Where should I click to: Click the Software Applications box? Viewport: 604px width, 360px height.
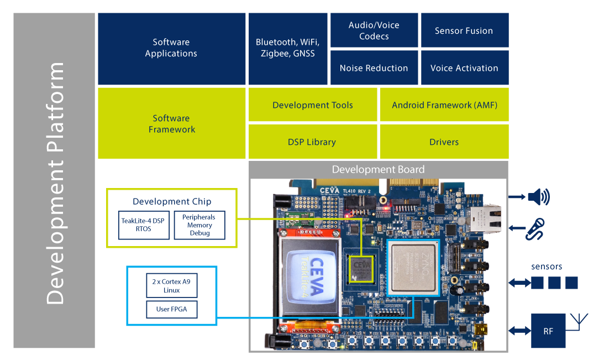click(171, 48)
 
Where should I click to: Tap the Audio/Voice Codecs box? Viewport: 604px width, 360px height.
click(374, 30)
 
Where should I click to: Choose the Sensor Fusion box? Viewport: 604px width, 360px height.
click(464, 30)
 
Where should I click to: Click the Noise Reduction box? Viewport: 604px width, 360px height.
click(374, 68)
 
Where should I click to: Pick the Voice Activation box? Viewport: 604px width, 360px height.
click(464, 68)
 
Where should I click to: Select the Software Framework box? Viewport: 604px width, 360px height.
click(171, 123)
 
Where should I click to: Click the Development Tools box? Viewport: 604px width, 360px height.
click(312, 105)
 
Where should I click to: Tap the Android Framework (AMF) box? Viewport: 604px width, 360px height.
click(444, 105)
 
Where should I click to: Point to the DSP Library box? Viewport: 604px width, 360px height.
click(312, 142)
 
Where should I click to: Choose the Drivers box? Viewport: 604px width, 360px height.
click(444, 142)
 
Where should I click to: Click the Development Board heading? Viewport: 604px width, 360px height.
click(378, 170)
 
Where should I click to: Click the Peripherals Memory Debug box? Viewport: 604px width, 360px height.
click(199, 225)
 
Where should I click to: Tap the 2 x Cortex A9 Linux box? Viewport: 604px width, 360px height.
click(171, 286)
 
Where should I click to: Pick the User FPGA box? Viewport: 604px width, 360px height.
click(171, 309)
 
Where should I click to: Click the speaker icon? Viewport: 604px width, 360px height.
click(538, 197)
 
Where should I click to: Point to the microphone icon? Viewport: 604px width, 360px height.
click(535, 228)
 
